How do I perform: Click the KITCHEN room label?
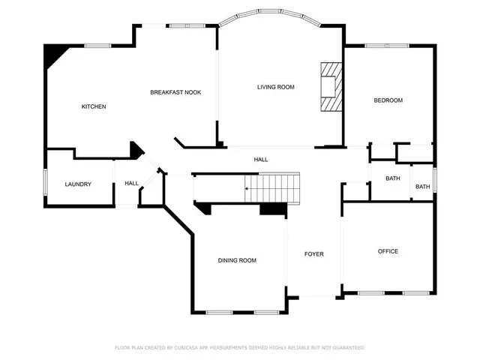click(x=94, y=106)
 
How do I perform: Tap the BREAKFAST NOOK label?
click(x=175, y=92)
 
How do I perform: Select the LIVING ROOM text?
click(x=275, y=87)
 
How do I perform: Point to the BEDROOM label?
click(x=388, y=100)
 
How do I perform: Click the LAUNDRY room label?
click(x=78, y=184)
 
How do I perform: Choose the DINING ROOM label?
click(x=237, y=260)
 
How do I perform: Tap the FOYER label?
click(x=313, y=254)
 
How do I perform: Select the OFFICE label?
click(x=388, y=251)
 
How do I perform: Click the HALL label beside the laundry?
click(x=131, y=183)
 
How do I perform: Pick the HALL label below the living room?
click(x=261, y=159)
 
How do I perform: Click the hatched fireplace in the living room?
click(x=331, y=87)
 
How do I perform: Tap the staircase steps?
click(x=274, y=187)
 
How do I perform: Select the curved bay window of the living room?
click(x=280, y=13)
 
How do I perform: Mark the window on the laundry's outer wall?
click(x=45, y=184)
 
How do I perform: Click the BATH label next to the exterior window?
click(x=423, y=187)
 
